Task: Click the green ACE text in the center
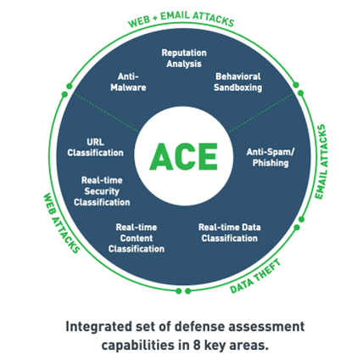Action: pos(183,156)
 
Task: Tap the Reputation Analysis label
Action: pos(184,58)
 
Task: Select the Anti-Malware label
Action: pos(128,82)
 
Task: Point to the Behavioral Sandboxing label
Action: pos(237,82)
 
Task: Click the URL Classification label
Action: pos(95,147)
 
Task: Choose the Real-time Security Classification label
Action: pos(102,191)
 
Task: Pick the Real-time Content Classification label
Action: pos(137,238)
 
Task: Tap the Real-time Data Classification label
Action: pos(229,233)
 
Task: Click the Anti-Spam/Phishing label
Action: pos(271,157)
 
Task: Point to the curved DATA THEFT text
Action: pos(255,277)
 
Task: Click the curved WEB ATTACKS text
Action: pos(61,223)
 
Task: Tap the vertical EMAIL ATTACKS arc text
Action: pos(321,162)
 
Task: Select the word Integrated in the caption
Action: pos(98,327)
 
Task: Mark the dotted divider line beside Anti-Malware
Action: pos(106,113)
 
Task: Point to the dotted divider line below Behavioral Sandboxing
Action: pos(260,113)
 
